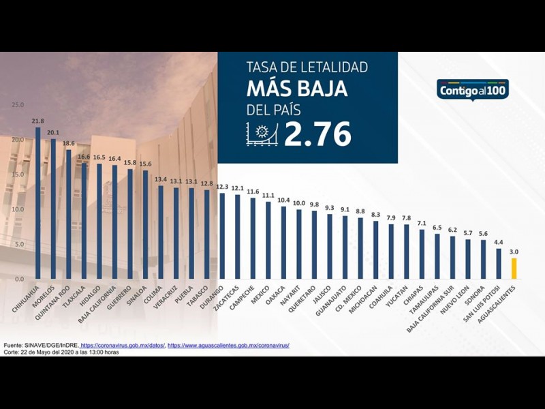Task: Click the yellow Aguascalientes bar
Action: [x=514, y=269]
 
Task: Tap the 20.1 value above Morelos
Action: [x=53, y=133]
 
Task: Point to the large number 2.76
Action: [x=317, y=134]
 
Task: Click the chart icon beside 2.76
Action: [x=262, y=135]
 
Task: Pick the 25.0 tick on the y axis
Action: [x=18, y=105]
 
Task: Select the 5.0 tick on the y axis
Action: [x=19, y=244]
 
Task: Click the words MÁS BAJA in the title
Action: [x=297, y=89]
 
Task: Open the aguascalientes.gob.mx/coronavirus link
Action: [x=228, y=346]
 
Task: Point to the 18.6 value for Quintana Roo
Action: [x=68, y=144]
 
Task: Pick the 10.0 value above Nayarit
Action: [x=298, y=203]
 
